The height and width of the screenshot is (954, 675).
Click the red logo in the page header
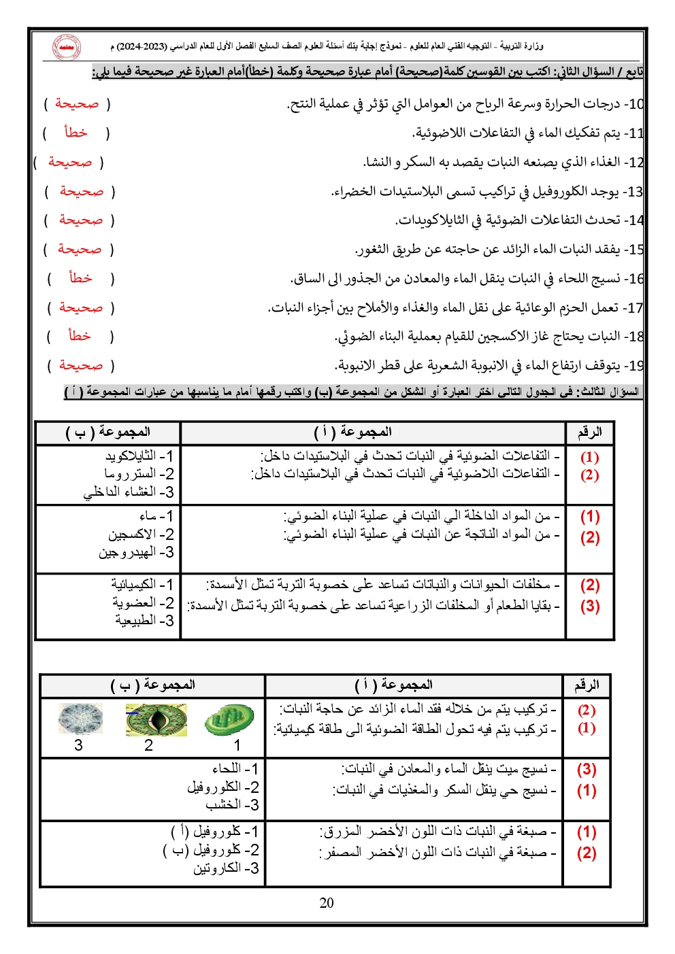coord(66,47)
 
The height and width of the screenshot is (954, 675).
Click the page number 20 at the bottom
coord(327,902)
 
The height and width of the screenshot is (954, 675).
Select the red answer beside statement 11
coord(76,133)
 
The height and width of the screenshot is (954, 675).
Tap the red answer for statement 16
coord(80,278)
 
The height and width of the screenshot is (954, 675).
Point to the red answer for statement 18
coord(80,336)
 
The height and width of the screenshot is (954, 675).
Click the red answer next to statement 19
coord(81,365)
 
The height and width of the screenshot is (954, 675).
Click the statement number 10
coord(635,104)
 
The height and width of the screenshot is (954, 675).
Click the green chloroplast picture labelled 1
coord(229,719)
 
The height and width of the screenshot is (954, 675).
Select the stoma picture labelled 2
coord(156,719)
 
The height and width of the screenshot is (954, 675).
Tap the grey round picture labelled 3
coord(81,719)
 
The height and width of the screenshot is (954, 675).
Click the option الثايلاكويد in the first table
coord(131,456)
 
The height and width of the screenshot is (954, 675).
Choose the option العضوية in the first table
coord(135,602)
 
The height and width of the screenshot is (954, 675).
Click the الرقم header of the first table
coord(589,432)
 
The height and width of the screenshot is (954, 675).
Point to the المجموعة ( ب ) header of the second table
coord(152,685)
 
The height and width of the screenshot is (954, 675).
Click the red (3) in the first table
coord(589,606)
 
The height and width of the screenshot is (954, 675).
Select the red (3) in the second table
coord(587,770)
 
